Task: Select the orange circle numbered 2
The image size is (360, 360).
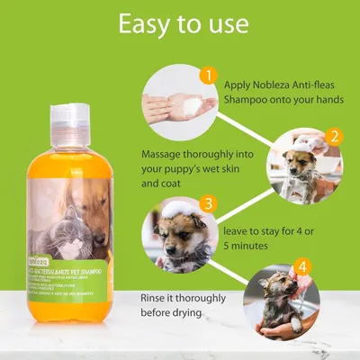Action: (334, 137)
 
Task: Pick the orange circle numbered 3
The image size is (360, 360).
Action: (208, 203)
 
